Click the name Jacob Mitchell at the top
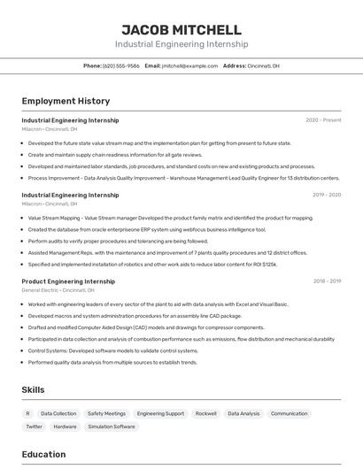click(181, 30)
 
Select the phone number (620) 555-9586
click(121, 65)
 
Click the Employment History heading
click(66, 101)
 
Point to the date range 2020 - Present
click(323, 120)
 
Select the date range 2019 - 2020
click(327, 195)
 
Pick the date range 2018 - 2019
click(327, 281)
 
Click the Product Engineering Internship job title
click(68, 281)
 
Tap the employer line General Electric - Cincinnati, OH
click(58, 290)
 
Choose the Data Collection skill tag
click(58, 413)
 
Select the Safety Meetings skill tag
click(106, 413)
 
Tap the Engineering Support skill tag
click(160, 413)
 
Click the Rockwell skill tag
click(206, 413)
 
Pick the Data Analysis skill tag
click(243, 413)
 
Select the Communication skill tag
click(289, 413)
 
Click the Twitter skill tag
click(35, 427)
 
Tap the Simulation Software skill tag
click(112, 427)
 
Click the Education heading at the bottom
click(43, 455)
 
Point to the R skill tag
click(27, 413)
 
